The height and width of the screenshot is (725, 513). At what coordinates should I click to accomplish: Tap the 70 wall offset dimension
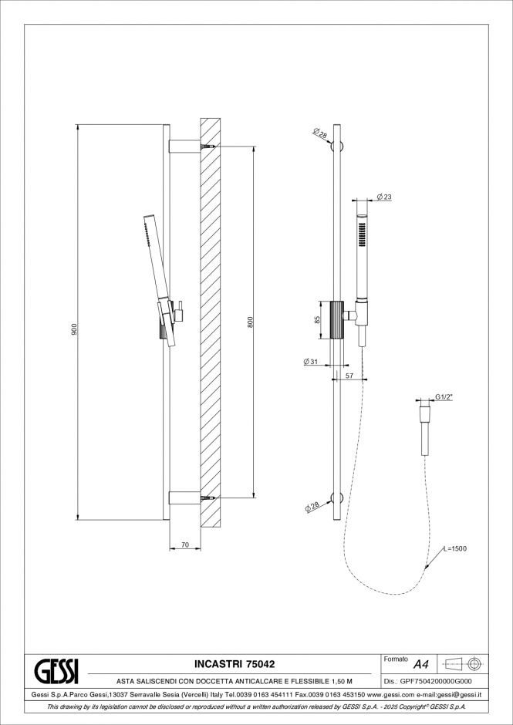[x=184, y=545]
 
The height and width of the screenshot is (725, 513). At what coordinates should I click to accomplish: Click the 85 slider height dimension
[x=317, y=320]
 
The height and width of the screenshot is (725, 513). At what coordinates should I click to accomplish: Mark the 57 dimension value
[x=349, y=376]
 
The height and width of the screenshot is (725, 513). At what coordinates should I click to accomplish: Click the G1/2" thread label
[x=444, y=396]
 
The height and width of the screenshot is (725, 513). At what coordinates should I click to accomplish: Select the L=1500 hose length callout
[x=456, y=548]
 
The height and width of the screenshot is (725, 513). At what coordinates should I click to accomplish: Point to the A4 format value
[x=421, y=664]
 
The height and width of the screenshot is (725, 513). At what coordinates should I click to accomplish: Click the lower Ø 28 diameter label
[x=312, y=506]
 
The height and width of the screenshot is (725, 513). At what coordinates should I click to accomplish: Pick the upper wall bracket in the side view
[x=184, y=144]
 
